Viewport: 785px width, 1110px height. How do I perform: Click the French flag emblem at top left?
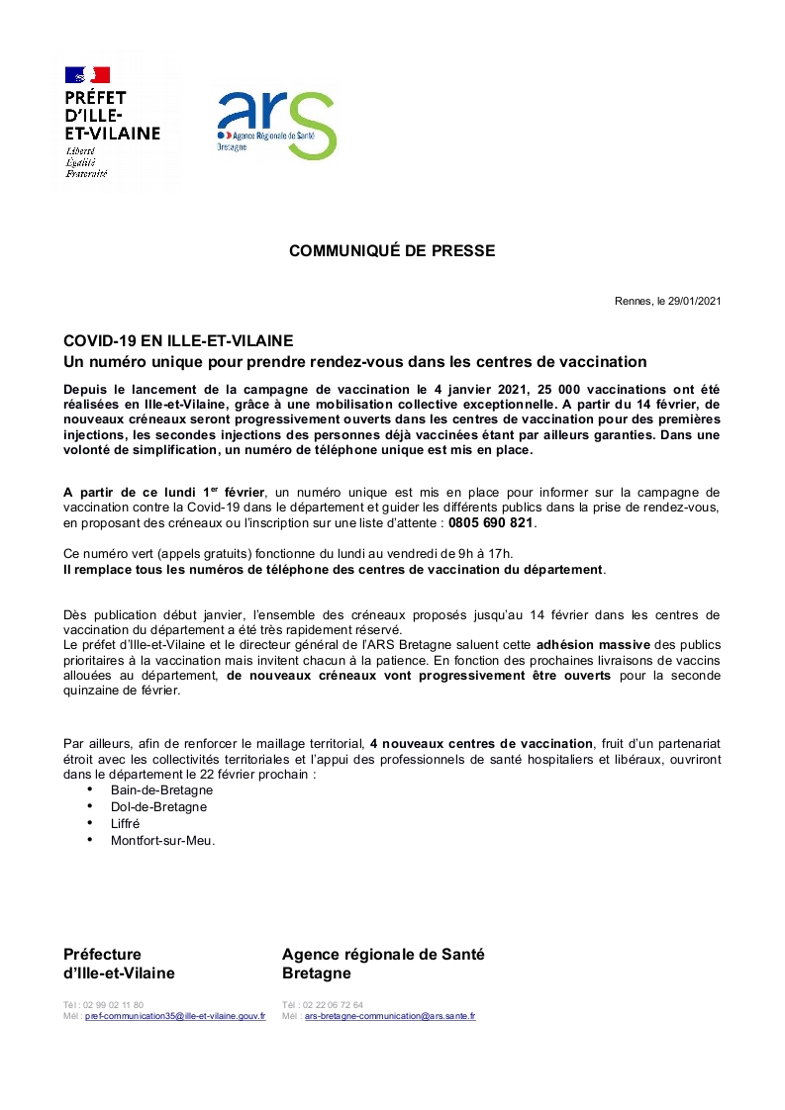87,74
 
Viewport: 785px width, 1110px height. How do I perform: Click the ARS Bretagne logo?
276,125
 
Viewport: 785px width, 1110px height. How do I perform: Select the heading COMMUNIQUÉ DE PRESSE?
392,251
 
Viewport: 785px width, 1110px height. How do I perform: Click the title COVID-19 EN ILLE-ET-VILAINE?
178,341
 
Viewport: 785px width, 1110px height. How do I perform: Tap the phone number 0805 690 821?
491,522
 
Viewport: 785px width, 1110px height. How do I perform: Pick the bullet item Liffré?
126,824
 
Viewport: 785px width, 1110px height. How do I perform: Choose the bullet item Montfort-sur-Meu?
162,841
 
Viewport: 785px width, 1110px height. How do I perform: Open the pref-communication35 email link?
175,1016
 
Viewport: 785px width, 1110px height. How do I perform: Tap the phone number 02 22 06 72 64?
330,1005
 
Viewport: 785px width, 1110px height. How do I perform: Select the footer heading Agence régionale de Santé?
383,955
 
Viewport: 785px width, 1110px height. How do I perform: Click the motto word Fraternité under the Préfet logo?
86,174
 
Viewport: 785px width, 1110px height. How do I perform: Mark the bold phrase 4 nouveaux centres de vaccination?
481,743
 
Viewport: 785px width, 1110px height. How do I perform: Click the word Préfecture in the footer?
102,955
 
